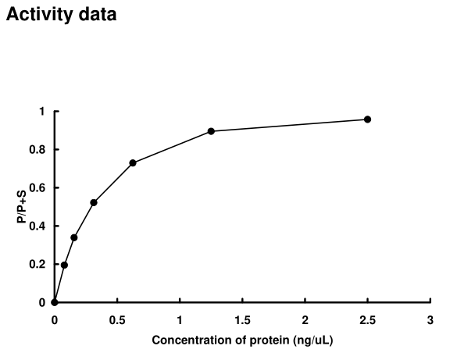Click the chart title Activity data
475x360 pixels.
tap(61, 14)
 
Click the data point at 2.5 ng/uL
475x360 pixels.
tap(367, 119)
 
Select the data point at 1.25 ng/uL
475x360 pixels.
tap(211, 131)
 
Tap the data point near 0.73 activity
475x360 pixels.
tap(133, 162)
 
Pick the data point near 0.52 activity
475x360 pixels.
tap(94, 202)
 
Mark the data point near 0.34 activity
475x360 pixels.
tap(74, 237)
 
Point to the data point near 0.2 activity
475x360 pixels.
tap(64, 265)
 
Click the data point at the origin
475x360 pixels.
tap(54, 302)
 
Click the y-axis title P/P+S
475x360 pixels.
tap(21, 207)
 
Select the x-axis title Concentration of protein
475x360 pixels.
tap(241, 340)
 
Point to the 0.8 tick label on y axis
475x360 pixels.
tap(38, 150)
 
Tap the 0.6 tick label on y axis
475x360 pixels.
tap(38, 188)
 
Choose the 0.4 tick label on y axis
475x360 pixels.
tap(38, 226)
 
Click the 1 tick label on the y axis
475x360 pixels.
tap(42, 112)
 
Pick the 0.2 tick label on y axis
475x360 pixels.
tap(38, 265)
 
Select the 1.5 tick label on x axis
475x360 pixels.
tap(242, 320)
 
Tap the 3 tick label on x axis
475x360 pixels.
tap(430, 320)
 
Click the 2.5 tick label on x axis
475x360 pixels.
tap(367, 320)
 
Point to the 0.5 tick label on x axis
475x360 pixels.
tap(117, 320)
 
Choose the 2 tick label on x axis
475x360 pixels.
tap(305, 320)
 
